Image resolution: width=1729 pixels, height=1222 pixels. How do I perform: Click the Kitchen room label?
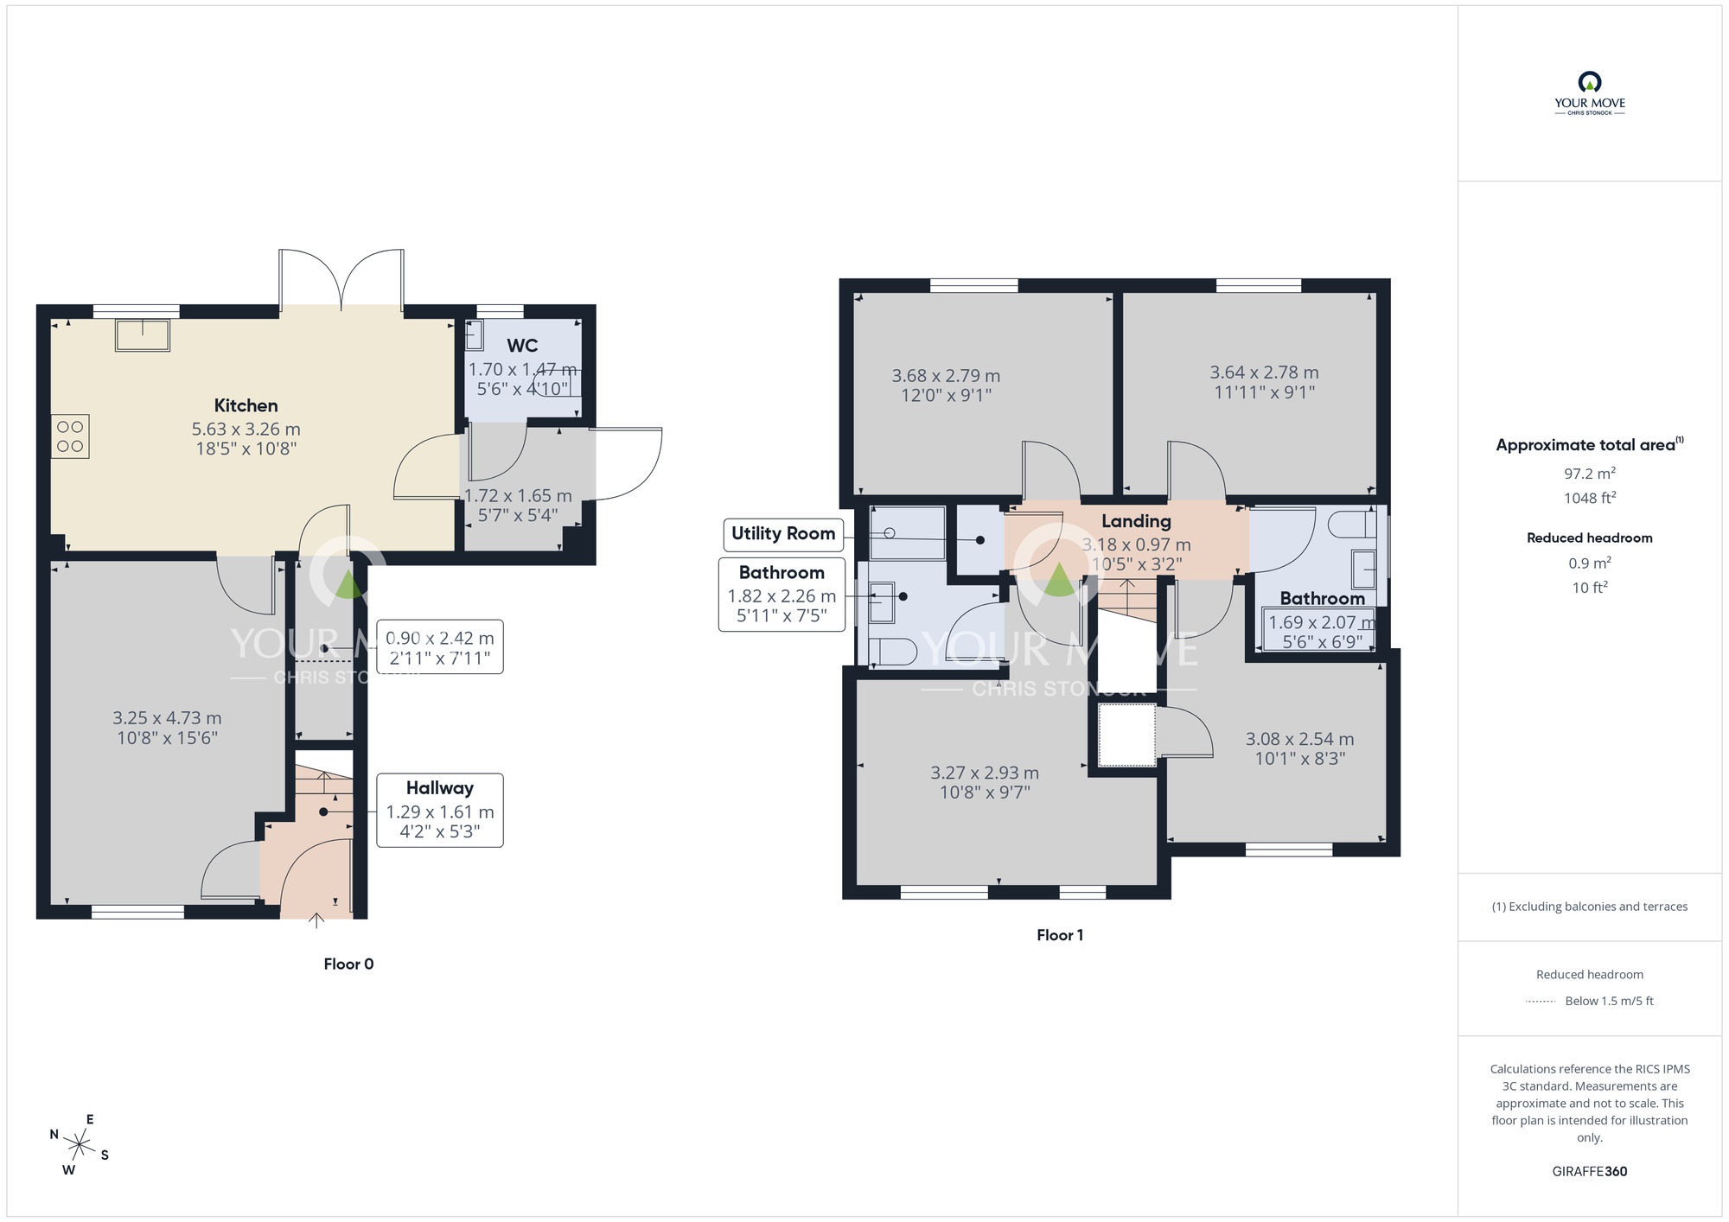click(x=246, y=405)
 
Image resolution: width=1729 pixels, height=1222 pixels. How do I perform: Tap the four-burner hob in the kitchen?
click(x=70, y=436)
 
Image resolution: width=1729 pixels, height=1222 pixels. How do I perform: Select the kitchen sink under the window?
click(x=143, y=334)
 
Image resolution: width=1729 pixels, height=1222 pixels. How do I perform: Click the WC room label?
click(x=522, y=346)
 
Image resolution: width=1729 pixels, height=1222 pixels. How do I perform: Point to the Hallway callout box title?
click(x=440, y=788)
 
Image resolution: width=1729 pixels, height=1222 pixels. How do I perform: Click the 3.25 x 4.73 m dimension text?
click(x=167, y=718)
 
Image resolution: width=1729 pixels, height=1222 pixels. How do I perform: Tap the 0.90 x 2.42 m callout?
click(x=440, y=647)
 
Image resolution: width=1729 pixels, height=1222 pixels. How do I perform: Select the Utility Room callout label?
click(x=783, y=533)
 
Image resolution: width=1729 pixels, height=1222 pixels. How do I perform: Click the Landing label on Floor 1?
click(x=1136, y=521)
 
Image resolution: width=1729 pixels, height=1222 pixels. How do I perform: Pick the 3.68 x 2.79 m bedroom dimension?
click(x=946, y=376)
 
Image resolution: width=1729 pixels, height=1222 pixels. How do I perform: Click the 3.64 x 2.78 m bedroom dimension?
click(x=1264, y=372)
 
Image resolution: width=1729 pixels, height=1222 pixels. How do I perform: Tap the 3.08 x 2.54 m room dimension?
click(x=1299, y=739)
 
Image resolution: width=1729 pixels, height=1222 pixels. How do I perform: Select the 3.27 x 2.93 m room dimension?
click(x=985, y=773)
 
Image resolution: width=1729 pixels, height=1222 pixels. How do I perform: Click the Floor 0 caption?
click(x=348, y=964)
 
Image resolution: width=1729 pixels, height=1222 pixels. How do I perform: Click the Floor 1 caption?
click(x=1059, y=935)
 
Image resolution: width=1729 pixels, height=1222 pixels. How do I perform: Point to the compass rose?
click(x=80, y=1146)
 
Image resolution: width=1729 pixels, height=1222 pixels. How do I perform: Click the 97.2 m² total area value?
click(x=1589, y=474)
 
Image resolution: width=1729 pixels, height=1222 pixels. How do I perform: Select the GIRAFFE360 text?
click(x=1589, y=1172)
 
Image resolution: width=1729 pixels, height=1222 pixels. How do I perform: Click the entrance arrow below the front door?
click(x=316, y=920)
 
